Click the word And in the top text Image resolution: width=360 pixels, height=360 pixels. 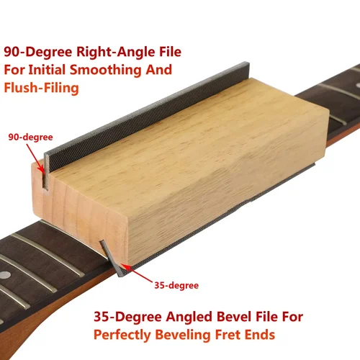click(x=159, y=71)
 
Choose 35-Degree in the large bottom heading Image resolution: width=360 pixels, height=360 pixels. click(x=127, y=317)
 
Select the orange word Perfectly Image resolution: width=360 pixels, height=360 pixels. click(x=127, y=335)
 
